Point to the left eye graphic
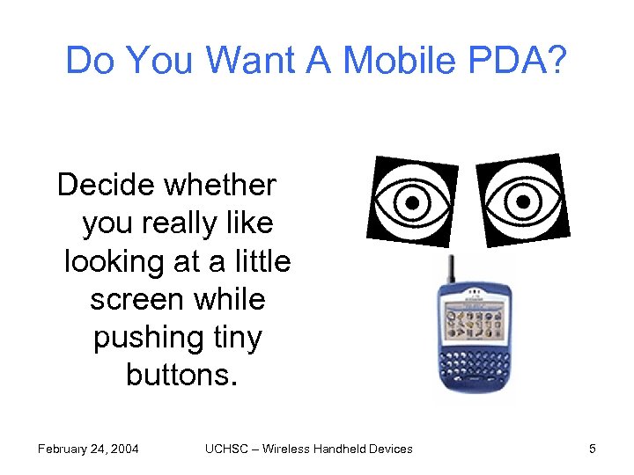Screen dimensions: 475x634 pyautogui.click(x=411, y=201)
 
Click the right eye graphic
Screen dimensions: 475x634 pyautogui.click(x=521, y=201)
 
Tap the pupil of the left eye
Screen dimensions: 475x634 pyautogui.click(x=411, y=202)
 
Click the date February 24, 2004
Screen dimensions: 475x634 pyautogui.click(x=88, y=449)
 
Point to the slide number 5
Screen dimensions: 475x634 pyautogui.click(x=593, y=449)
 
